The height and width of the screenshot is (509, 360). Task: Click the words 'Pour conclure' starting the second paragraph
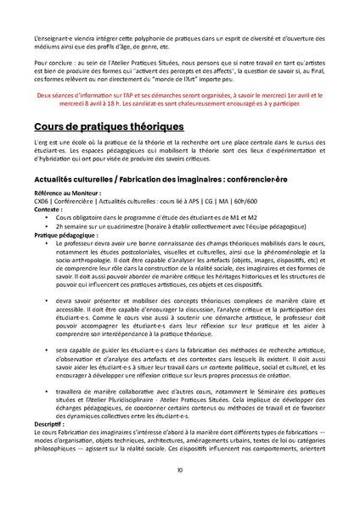click(x=48, y=64)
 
